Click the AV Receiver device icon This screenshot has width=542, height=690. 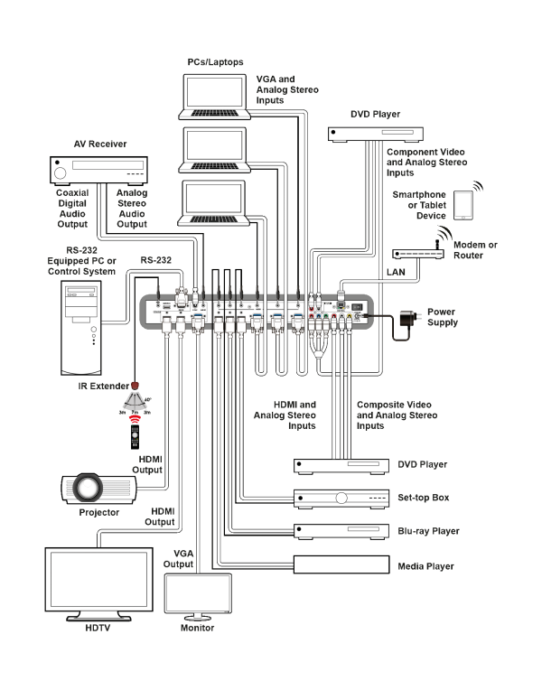pyautogui.click(x=98, y=170)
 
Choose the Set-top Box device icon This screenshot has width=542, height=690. pyautogui.click(x=336, y=498)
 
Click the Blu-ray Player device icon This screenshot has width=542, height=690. pyautogui.click(x=336, y=531)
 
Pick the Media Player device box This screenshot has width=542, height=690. pyautogui.click(x=336, y=565)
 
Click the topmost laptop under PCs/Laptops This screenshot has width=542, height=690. pyautogui.click(x=213, y=96)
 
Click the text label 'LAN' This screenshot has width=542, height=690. pyautogui.click(x=396, y=271)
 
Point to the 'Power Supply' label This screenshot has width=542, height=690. pyautogui.click(x=442, y=316)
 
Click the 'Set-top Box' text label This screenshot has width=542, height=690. pyautogui.click(x=424, y=498)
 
